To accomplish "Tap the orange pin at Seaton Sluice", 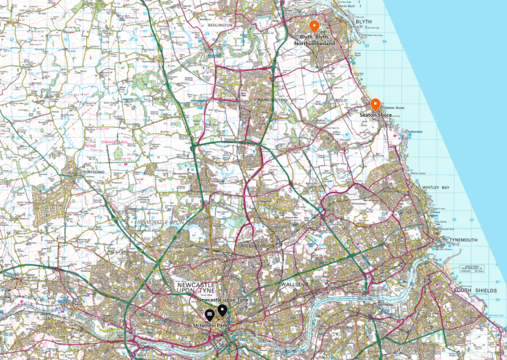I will [375, 104].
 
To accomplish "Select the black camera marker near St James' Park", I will [208, 315].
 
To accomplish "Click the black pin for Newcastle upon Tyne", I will [222, 310].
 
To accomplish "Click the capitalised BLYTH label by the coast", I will [364, 22].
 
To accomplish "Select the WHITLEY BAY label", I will [437, 188].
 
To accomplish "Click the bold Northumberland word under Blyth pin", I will [314, 43].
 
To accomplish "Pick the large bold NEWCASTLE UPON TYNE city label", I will [197, 288].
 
